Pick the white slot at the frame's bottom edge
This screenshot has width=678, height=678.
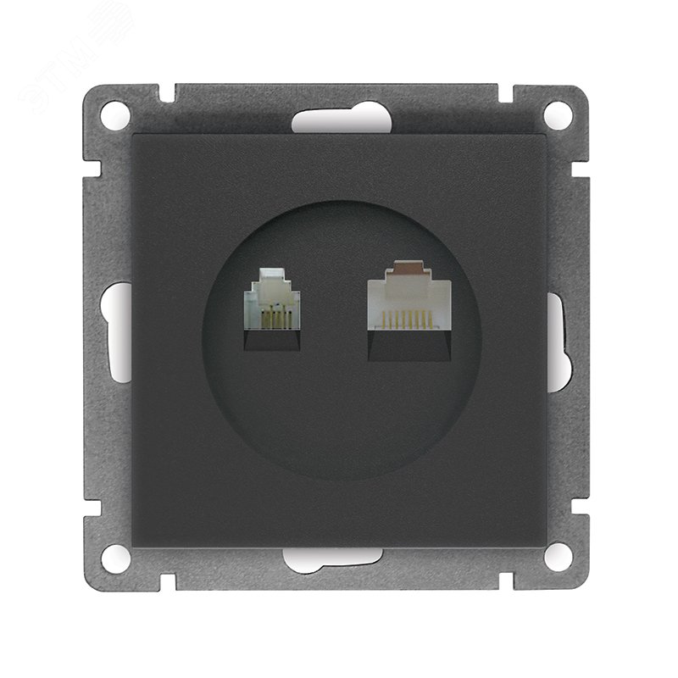click(336, 559)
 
